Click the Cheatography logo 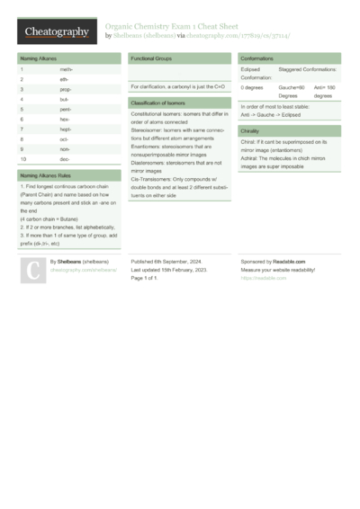click(x=56, y=32)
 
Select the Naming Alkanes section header click(x=38, y=58)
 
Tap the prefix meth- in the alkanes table click(x=67, y=68)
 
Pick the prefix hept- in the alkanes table click(x=66, y=129)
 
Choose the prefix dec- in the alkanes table click(x=66, y=159)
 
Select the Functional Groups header click(x=151, y=58)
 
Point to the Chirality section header click(x=250, y=131)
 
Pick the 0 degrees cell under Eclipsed click(x=252, y=87)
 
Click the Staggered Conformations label click(x=308, y=68)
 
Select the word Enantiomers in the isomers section click(x=148, y=147)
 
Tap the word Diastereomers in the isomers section click(x=150, y=162)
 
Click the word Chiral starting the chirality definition click(x=248, y=142)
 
